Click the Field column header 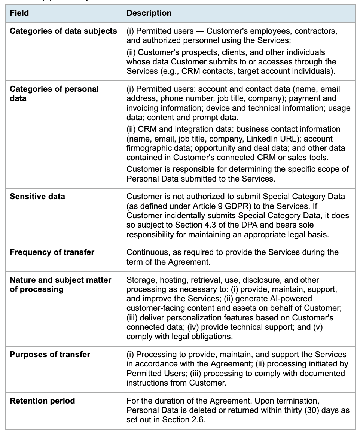[19, 13]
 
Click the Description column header [149, 13]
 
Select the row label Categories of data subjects [63, 31]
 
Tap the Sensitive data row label [37, 196]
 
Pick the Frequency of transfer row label [52, 252]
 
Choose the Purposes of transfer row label [50, 354]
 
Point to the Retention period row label [42, 401]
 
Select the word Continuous [146, 252]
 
